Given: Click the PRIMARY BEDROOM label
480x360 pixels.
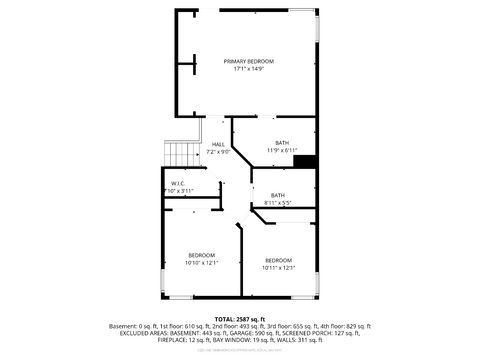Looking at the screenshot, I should (248, 62).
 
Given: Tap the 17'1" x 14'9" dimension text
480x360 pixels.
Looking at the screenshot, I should (248, 70).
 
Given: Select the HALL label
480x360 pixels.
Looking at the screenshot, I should (218, 144).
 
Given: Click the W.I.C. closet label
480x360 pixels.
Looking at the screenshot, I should (177, 183).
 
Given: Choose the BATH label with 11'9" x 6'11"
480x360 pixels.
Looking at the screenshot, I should (283, 143).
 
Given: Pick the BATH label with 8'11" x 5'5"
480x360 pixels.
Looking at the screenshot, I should (277, 195).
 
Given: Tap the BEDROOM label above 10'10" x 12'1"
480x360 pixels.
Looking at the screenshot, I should (202, 255).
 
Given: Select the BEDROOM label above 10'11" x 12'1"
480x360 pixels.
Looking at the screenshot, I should (279, 260).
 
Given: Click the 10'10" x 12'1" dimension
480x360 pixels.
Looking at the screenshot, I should (202, 263).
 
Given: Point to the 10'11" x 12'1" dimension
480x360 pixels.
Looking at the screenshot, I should (279, 268).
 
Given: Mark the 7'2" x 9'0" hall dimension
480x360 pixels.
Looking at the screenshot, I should (218, 152).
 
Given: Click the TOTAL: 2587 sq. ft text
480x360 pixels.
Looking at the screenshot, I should (240, 317).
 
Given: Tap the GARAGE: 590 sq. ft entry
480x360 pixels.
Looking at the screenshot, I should (248, 334).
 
